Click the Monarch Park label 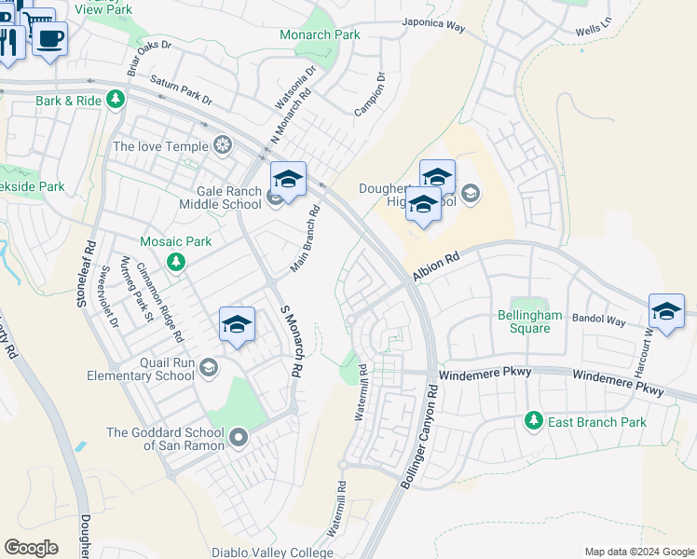(x=320, y=34)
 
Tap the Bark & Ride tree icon (x=115, y=98)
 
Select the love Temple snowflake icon (x=223, y=144)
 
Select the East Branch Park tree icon (x=533, y=421)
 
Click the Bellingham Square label (x=529, y=321)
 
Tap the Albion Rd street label (x=437, y=265)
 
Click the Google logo (x=31, y=548)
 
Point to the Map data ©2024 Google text (x=638, y=552)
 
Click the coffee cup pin (x=50, y=39)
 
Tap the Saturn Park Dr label (x=181, y=90)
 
